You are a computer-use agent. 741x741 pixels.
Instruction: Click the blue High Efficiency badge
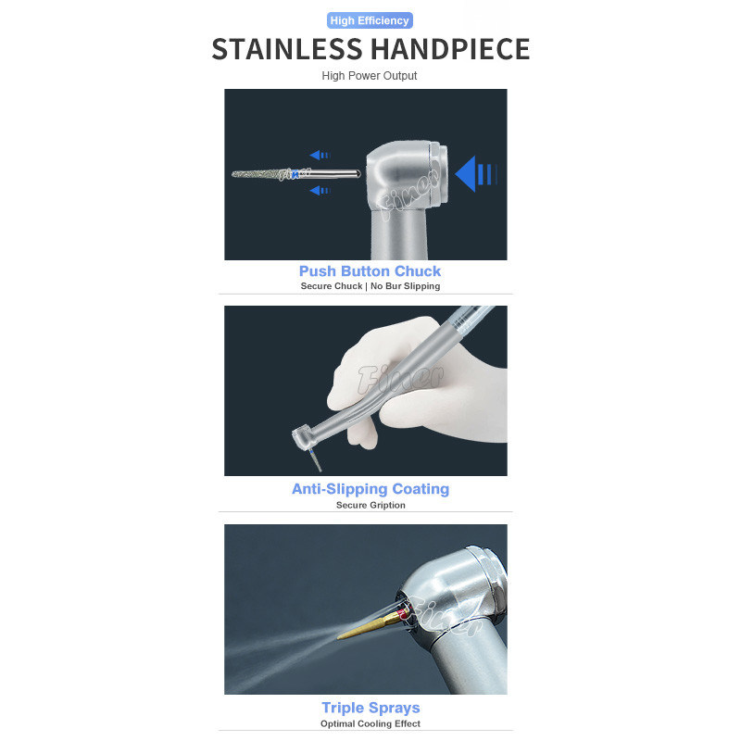[x=370, y=20]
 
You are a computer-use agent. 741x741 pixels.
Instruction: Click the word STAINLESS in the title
[x=287, y=49]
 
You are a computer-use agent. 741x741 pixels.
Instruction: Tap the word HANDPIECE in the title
[x=449, y=49]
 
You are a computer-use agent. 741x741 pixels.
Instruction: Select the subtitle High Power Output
[x=370, y=76]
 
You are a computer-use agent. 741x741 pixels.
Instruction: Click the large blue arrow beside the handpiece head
[x=475, y=174]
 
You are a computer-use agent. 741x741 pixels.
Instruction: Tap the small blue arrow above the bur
[x=320, y=155]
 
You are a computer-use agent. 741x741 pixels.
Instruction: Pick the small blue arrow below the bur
[x=320, y=191]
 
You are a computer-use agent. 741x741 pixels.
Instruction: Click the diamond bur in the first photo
[x=295, y=174]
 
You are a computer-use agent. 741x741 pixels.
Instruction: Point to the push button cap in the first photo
[x=439, y=174]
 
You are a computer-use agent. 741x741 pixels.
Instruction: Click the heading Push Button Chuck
[x=370, y=271]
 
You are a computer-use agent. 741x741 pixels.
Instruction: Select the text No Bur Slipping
[x=405, y=286]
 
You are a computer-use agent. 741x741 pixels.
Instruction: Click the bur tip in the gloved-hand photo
[x=320, y=470]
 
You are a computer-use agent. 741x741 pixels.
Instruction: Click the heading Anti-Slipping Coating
[x=370, y=489]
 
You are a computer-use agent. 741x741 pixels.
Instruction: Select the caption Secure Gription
[x=370, y=505]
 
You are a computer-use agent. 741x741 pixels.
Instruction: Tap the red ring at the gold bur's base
[x=403, y=614]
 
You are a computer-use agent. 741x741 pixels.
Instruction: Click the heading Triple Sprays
[x=370, y=708]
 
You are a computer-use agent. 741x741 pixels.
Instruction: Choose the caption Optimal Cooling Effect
[x=370, y=723]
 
